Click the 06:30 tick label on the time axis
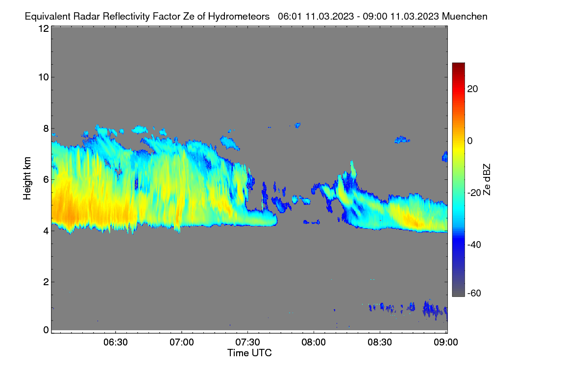point(116,343)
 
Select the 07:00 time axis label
point(182,343)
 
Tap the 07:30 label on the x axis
point(247,343)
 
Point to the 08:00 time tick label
point(314,343)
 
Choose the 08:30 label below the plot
point(380,343)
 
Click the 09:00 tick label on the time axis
point(446,343)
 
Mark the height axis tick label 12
point(44,28)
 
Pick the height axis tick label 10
point(44,77)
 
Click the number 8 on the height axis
point(46,128)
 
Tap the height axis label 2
point(46,282)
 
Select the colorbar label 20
point(472,89)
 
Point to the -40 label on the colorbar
point(474,245)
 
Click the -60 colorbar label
point(474,294)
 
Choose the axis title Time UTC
point(249,353)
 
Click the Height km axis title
point(27,178)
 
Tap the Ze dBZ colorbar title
point(487,180)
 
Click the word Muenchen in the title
point(465,16)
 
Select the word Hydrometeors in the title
point(239,17)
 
